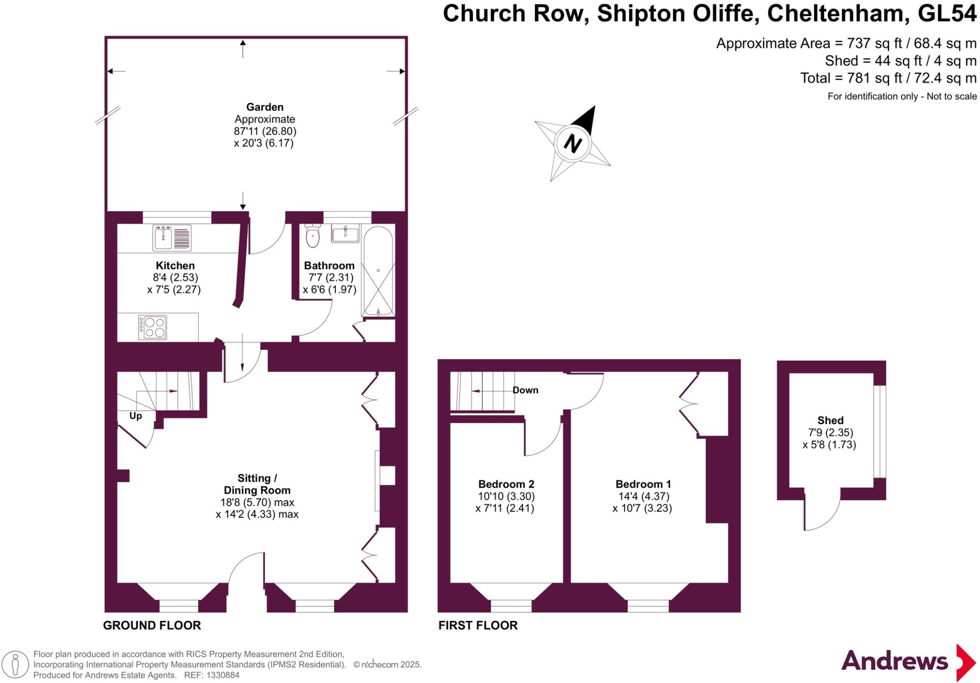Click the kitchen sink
coord(172,238)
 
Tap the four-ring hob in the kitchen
coord(153,327)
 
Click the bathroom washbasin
coord(345,233)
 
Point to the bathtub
coord(378,270)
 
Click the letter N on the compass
coord(573,143)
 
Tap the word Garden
coord(265,107)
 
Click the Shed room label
coord(830,421)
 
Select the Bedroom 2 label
coord(506,484)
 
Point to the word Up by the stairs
coord(135,416)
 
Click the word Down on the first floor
coord(525,390)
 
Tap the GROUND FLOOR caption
coord(152,626)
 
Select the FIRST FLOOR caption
coord(478,626)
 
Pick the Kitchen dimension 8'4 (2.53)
coord(175,278)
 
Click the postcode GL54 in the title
coord(947,13)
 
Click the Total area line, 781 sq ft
coord(889,78)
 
